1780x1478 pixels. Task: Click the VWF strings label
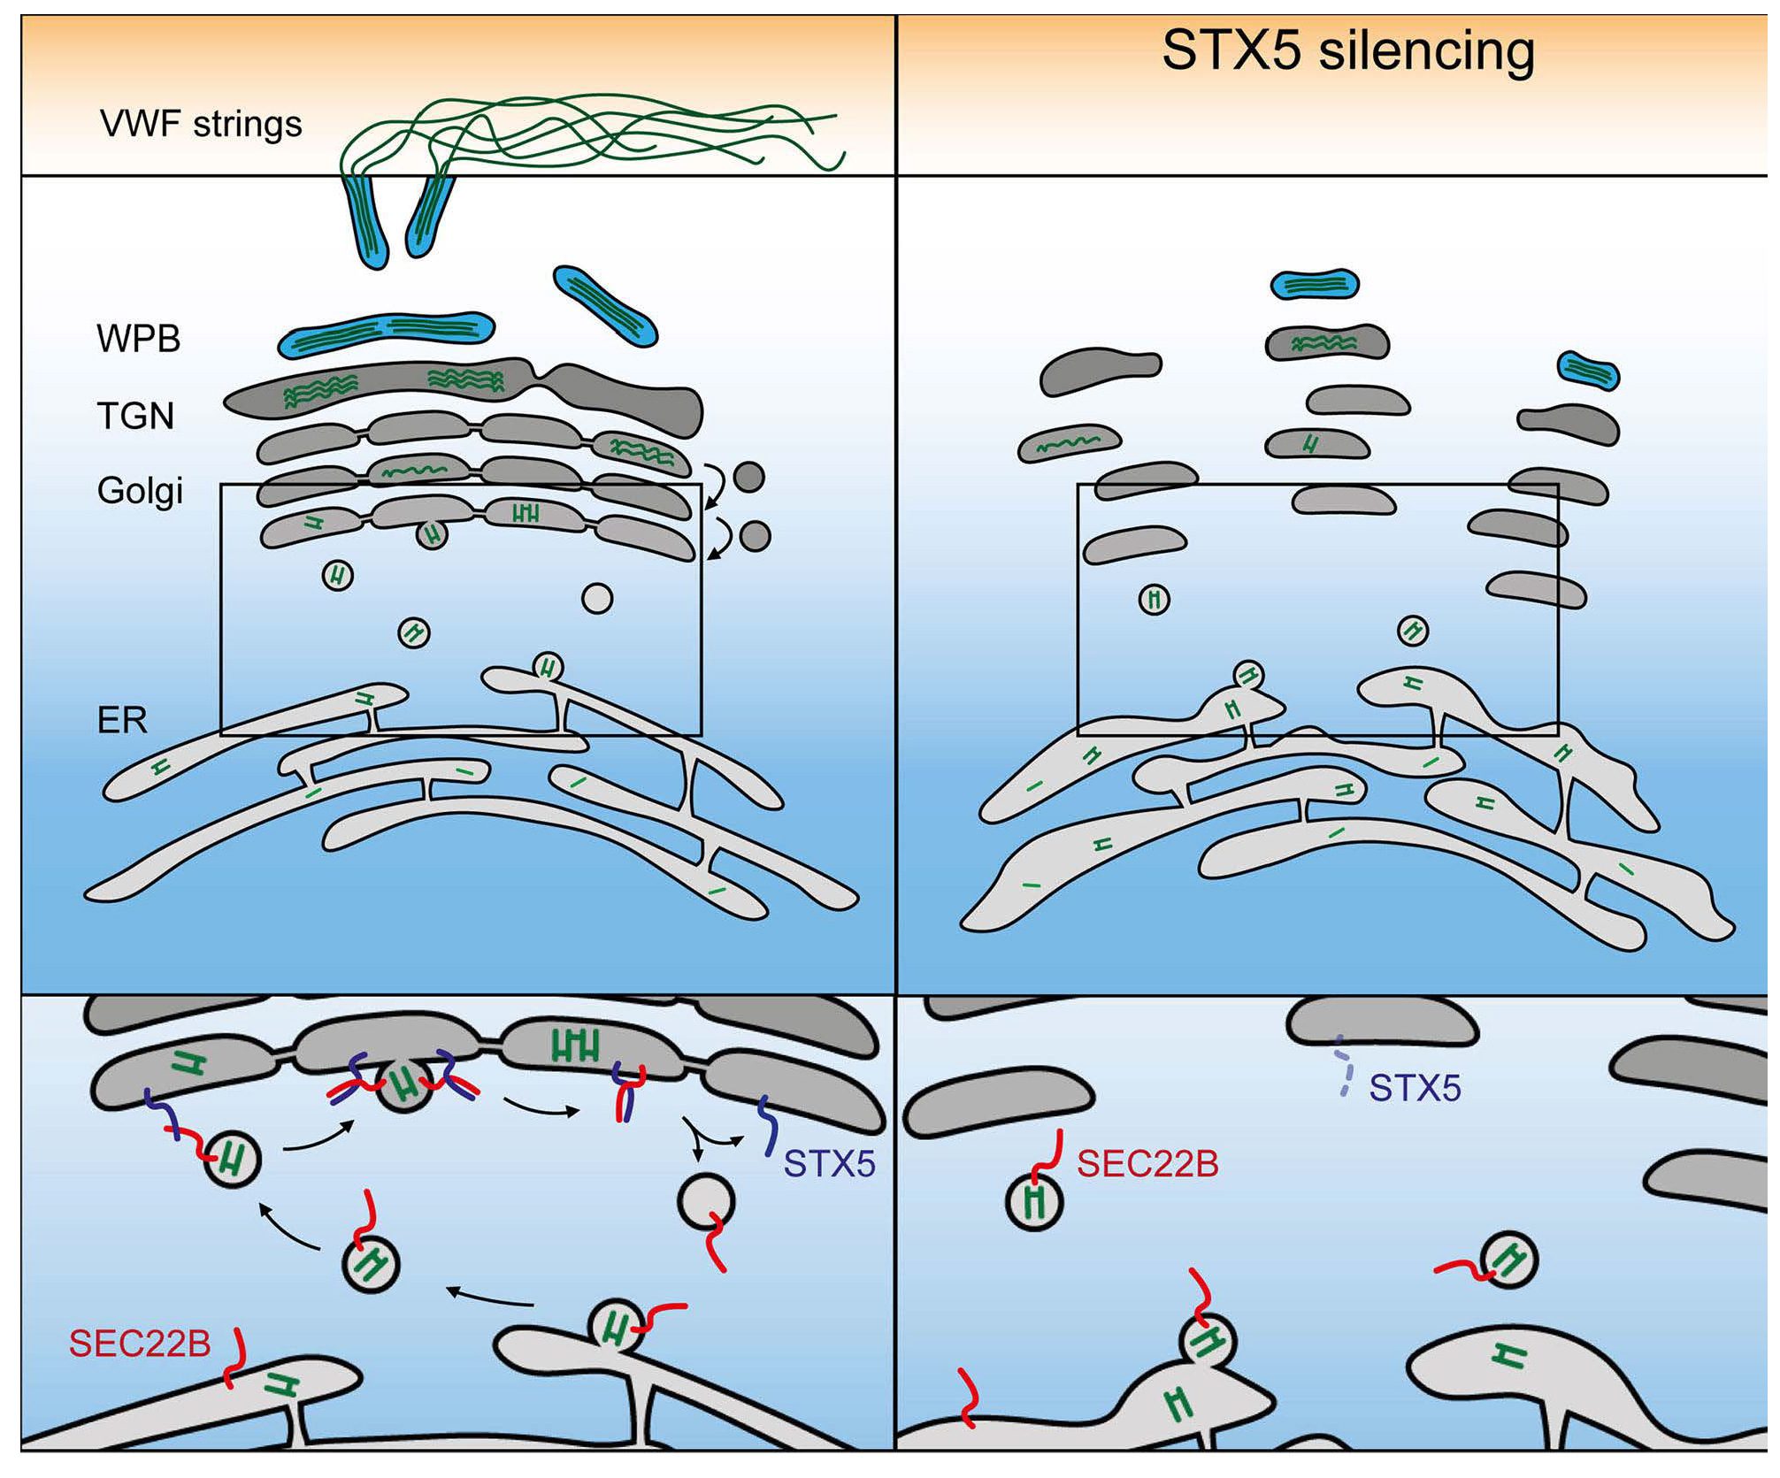click(201, 124)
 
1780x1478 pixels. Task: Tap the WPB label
click(139, 339)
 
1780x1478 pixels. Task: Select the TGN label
click(135, 416)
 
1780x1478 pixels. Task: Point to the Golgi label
click(140, 490)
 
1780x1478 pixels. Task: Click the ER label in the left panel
click(122, 721)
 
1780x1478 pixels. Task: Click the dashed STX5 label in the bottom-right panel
click(1415, 1088)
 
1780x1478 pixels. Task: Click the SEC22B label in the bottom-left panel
click(140, 1344)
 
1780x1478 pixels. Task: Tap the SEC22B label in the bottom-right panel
click(1147, 1164)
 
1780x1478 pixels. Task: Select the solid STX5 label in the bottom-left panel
click(829, 1164)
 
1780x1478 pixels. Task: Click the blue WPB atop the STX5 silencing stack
click(1315, 284)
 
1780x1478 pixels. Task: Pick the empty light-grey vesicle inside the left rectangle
click(597, 599)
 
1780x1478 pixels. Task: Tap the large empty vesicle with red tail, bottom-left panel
click(706, 1201)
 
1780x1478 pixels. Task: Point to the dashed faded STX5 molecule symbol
click(1345, 1067)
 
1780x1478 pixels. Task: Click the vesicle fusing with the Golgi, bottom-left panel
click(404, 1085)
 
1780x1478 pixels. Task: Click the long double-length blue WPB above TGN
click(387, 333)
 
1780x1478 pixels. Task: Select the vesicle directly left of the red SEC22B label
click(1035, 1201)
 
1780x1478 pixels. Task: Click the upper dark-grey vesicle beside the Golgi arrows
click(749, 477)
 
